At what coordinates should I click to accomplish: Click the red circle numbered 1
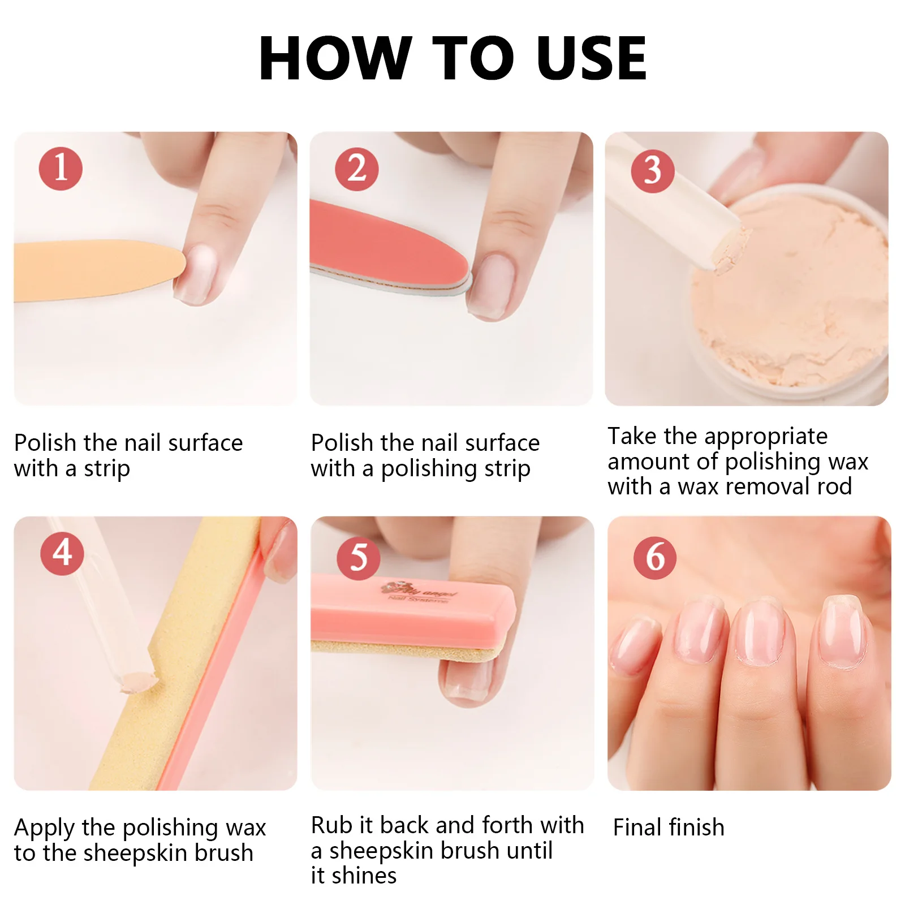coord(61,169)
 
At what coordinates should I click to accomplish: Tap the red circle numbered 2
coord(356,169)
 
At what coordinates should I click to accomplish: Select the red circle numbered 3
coord(652,171)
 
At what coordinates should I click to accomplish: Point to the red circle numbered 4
coord(62,553)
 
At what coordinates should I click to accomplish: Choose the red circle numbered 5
coord(358,558)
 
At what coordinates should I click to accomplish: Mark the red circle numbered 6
coord(654,557)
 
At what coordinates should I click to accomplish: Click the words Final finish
coord(669,828)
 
